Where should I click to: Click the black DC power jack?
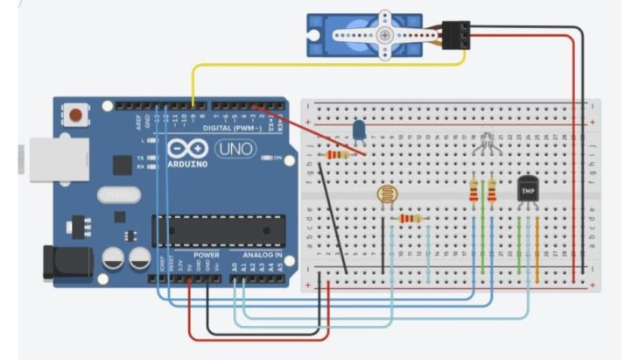[62, 264]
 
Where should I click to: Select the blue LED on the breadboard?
[359, 132]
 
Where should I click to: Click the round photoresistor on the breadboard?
[385, 195]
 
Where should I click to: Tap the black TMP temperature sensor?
[527, 188]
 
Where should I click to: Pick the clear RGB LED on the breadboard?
[482, 142]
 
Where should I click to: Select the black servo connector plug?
[455, 36]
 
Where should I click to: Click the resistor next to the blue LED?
[337, 155]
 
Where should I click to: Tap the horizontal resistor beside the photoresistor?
[410, 218]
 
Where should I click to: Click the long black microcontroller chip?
[218, 229]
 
